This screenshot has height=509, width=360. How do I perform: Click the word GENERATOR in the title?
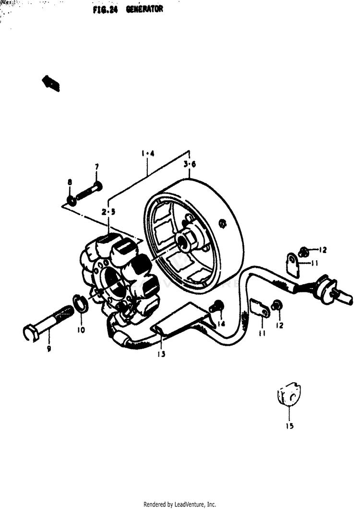click(144, 10)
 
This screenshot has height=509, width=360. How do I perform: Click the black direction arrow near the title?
click(51, 83)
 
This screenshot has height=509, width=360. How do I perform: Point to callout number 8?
click(70, 182)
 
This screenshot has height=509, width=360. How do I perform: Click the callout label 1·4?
click(147, 154)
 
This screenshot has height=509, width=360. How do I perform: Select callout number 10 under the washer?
click(81, 330)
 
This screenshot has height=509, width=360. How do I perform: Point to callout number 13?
click(161, 354)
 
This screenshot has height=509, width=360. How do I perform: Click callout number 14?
click(221, 324)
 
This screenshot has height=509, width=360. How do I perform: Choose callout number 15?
click(290, 426)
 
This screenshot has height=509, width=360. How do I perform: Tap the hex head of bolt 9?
click(30, 332)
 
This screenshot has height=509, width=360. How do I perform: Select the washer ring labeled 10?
click(80, 304)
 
